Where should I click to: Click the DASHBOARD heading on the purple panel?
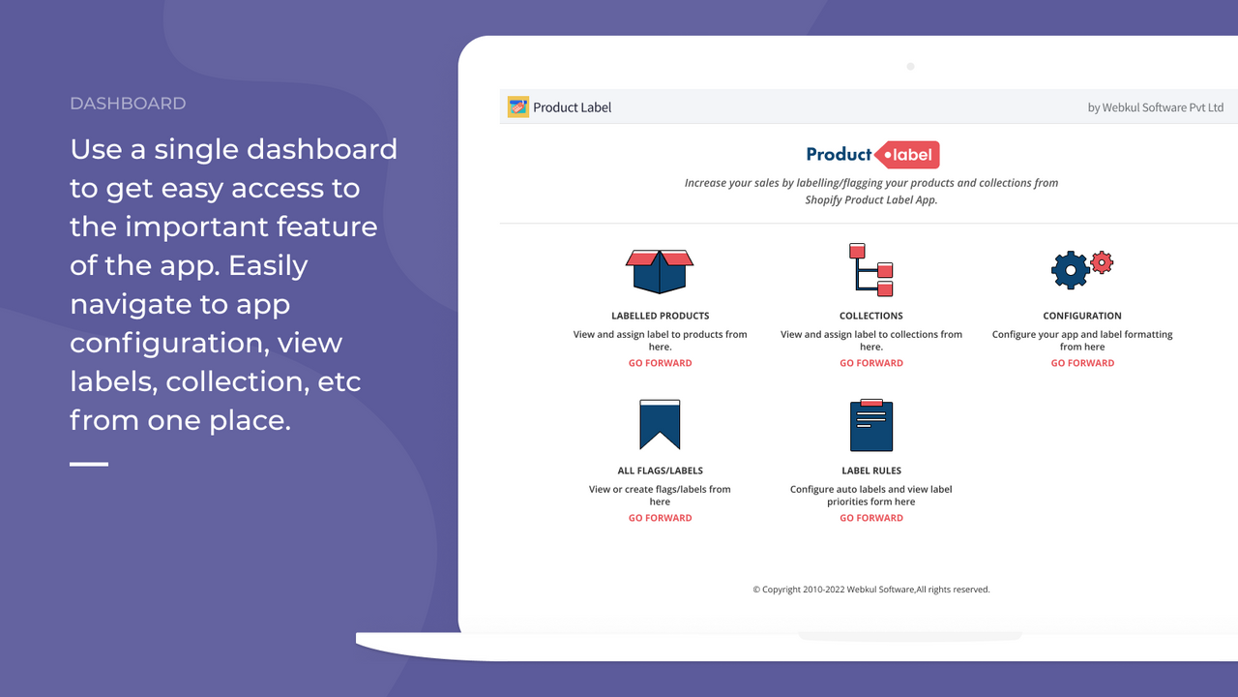[128, 104]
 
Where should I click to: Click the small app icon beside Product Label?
[518, 106]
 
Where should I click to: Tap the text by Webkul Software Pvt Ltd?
[1155, 107]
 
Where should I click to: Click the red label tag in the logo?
[907, 155]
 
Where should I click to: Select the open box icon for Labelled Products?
[660, 271]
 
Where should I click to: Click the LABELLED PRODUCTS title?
[660, 316]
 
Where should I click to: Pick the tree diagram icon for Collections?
[870, 269]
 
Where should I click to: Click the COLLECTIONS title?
[870, 316]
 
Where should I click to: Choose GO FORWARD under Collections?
[870, 363]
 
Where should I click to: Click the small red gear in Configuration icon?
[1102, 261]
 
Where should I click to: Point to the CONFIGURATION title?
[1081, 316]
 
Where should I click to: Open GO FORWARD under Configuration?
[1082, 363]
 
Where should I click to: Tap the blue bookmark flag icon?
[660, 424]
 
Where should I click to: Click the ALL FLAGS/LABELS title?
[660, 470]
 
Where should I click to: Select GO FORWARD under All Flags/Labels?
[660, 518]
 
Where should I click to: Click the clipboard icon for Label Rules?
[870, 425]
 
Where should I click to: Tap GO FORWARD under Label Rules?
[870, 518]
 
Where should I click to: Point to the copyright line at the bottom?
[870, 589]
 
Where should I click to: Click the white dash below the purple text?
[89, 465]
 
